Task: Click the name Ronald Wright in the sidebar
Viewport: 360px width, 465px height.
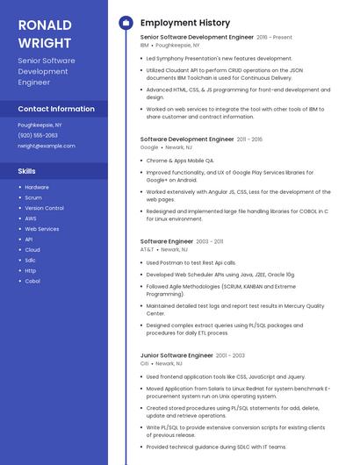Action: click(45, 32)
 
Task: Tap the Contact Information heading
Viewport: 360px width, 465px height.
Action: click(56, 109)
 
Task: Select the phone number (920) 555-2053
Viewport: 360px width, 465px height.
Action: click(38, 135)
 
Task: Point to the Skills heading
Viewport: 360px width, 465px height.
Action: click(27, 171)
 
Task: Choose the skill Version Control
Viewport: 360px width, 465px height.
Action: click(44, 208)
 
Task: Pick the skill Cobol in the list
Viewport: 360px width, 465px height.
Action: click(32, 281)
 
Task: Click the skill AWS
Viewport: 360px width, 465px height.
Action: click(31, 218)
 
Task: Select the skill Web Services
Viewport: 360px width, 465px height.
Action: click(42, 229)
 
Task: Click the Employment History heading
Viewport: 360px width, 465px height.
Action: click(185, 23)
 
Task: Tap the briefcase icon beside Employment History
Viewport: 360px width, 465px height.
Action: click(125, 23)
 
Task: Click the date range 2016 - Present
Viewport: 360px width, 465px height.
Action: click(274, 38)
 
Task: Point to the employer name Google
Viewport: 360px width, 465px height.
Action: click(149, 147)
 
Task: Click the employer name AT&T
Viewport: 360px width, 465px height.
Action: click(147, 249)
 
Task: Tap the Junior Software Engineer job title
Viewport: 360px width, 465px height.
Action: click(176, 355)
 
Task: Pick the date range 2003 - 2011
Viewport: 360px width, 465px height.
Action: click(210, 241)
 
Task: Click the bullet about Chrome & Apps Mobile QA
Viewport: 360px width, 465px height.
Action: click(180, 161)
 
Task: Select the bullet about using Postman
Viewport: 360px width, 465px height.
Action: click(191, 262)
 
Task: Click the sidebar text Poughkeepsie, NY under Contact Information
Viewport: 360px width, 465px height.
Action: click(40, 125)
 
